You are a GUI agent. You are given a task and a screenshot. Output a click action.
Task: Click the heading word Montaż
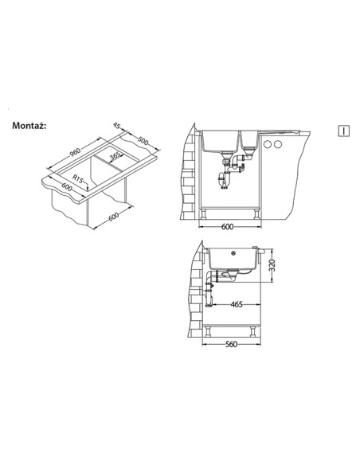[x=29, y=126]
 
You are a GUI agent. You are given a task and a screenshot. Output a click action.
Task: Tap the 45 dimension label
[x=116, y=126]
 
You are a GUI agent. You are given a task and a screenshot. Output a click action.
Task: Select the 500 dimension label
[x=143, y=141]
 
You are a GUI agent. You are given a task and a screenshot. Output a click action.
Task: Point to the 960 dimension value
[x=76, y=152]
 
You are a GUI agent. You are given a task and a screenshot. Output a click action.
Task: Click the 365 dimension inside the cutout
[x=115, y=155]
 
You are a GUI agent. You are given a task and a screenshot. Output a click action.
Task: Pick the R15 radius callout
[x=78, y=178]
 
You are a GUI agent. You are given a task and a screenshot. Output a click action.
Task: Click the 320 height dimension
[x=272, y=265]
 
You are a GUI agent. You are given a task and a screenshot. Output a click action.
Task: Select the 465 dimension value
[x=237, y=304]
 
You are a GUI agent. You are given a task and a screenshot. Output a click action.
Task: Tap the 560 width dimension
[x=231, y=344]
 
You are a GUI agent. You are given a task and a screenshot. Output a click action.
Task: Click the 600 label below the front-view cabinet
[x=228, y=227]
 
